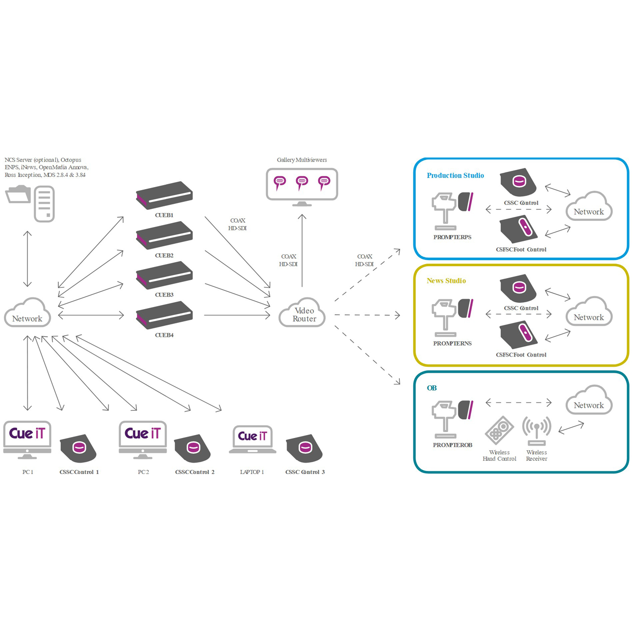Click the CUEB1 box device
pos(164,196)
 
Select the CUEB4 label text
pos(164,335)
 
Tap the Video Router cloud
pos(302,313)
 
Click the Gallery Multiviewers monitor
pos(302,185)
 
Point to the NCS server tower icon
pos(44,203)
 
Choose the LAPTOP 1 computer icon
pos(252,439)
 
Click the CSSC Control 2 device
pos(193,448)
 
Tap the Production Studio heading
pos(455,176)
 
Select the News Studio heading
pos(446,281)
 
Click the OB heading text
pos(432,388)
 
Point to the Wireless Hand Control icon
pos(499,430)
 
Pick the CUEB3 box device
pos(164,276)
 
